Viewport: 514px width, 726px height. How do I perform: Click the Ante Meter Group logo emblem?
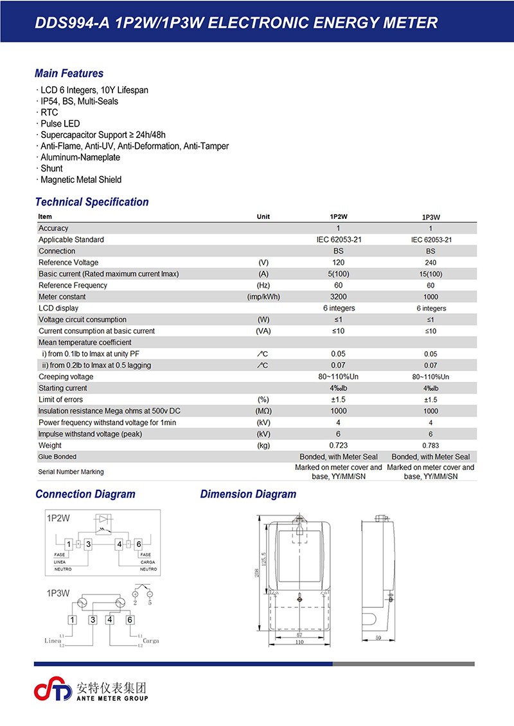pyautogui.click(x=54, y=691)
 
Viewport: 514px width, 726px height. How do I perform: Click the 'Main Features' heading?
pyautogui.click(x=69, y=73)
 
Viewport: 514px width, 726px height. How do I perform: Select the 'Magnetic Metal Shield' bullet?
pyautogui.click(x=80, y=180)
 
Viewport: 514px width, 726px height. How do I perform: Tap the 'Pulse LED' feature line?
pyautogui.click(x=60, y=123)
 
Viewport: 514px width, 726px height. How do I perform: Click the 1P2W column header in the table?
pyautogui.click(x=338, y=217)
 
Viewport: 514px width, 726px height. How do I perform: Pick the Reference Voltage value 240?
pyautogui.click(x=430, y=263)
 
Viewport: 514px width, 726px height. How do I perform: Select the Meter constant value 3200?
pyautogui.click(x=338, y=297)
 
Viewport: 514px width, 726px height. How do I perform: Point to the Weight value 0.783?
pyautogui.click(x=430, y=445)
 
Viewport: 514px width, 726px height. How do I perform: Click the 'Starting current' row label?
pyautogui.click(x=63, y=388)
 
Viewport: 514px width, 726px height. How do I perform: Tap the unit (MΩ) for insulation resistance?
pyautogui.click(x=263, y=411)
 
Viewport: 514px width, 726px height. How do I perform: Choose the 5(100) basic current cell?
pyautogui.click(x=338, y=274)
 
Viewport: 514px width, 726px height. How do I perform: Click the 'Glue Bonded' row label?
pyautogui.click(x=57, y=457)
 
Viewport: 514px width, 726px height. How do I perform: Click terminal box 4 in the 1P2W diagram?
pyautogui.click(x=120, y=544)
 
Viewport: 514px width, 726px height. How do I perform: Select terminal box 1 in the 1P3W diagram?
pyautogui.click(x=73, y=619)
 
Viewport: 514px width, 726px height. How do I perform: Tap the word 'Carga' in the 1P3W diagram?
pyautogui.click(x=150, y=641)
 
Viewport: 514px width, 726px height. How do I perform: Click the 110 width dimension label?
pyautogui.click(x=299, y=642)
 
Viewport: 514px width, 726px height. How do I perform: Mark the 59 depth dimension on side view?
pyautogui.click(x=378, y=638)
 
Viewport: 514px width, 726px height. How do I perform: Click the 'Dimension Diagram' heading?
pyautogui.click(x=248, y=494)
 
